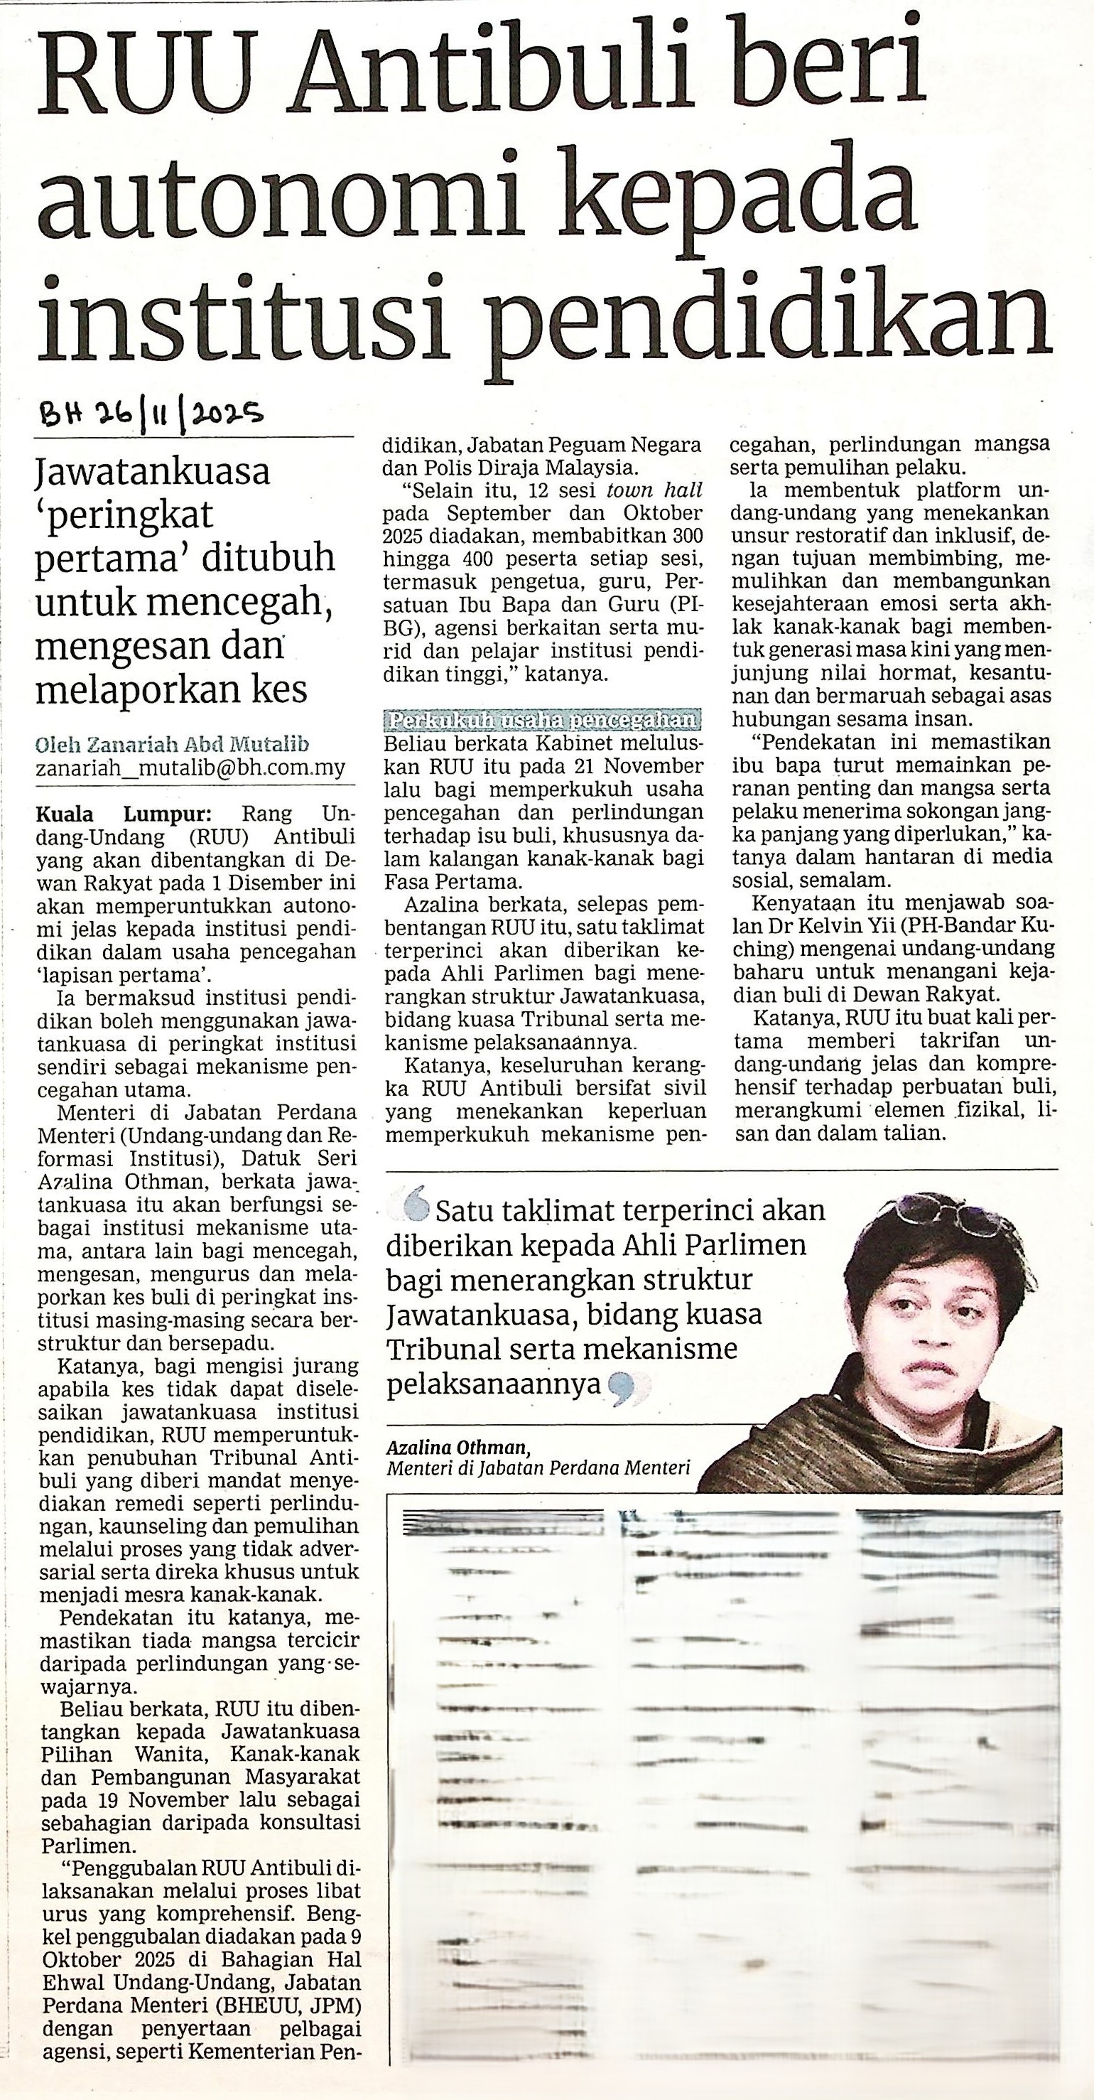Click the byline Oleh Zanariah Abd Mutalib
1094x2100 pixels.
click(x=172, y=744)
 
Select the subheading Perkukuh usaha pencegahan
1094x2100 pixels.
click(x=541, y=721)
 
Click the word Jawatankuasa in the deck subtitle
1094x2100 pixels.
click(x=153, y=472)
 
